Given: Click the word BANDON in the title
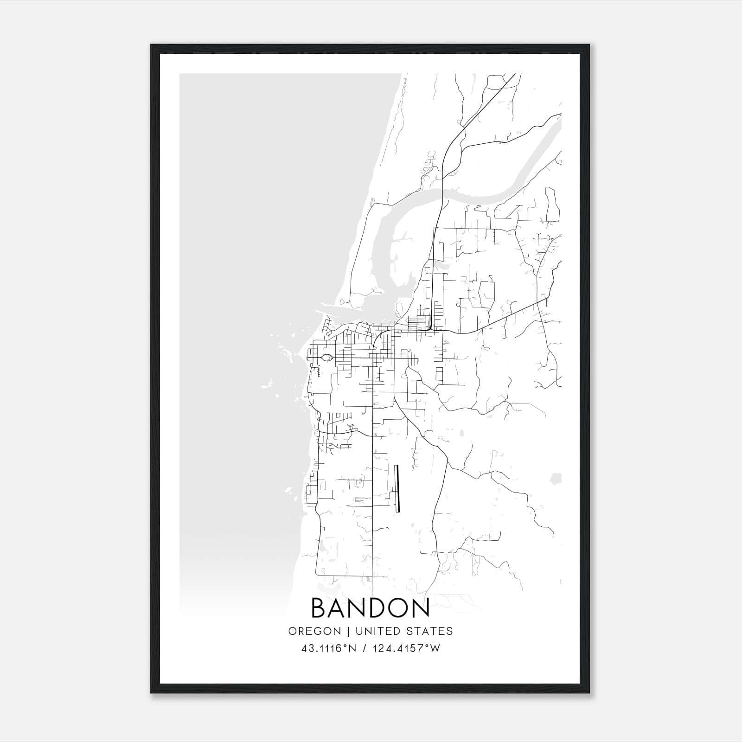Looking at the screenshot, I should point(370,608).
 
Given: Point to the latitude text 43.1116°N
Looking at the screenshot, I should point(329,648).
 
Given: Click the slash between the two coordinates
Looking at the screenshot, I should point(366,648).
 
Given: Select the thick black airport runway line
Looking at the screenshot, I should point(397,489).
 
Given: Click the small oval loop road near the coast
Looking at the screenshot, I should point(326,358).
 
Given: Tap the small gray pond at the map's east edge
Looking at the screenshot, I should point(555,478).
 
